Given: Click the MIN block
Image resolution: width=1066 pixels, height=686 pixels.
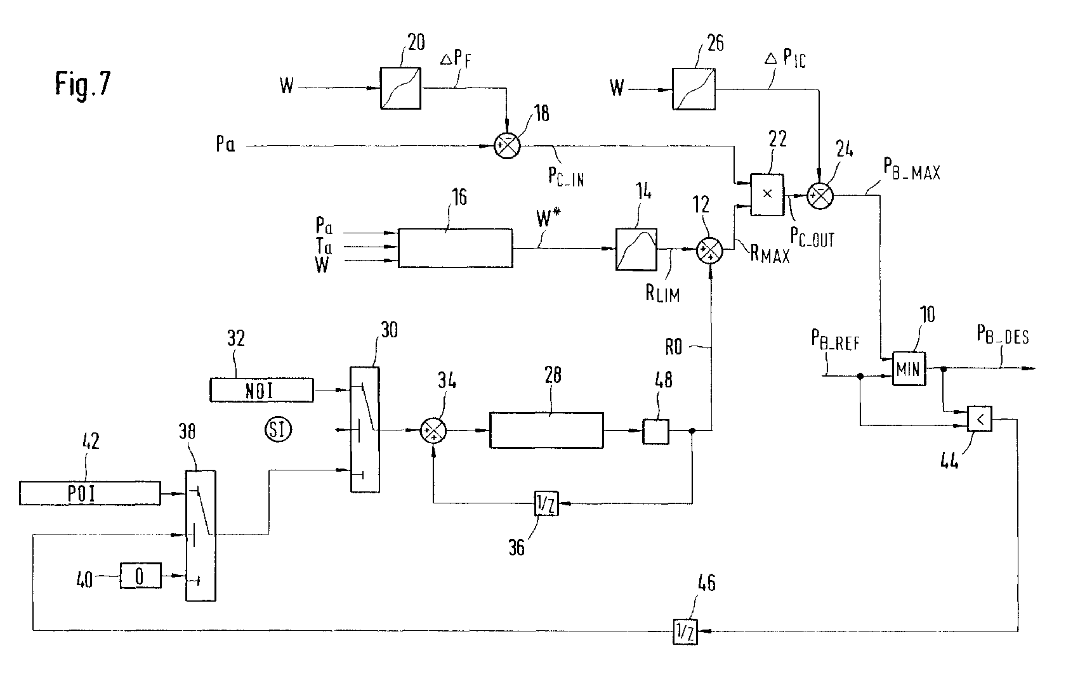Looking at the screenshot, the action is tap(909, 368).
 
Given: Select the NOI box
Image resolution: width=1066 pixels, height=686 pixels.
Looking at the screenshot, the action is tap(261, 390).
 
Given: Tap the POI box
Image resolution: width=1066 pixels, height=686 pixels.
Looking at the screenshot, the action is tap(90, 493).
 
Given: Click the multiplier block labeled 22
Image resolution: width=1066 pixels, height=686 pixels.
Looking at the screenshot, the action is tap(767, 195).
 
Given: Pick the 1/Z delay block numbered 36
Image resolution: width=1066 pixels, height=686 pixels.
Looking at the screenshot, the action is tap(546, 503).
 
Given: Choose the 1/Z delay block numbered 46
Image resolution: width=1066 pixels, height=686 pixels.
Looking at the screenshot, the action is tap(685, 631).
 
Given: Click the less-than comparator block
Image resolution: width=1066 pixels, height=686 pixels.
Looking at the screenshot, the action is tap(980, 419).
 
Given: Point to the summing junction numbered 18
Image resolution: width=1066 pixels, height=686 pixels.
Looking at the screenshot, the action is tap(508, 145).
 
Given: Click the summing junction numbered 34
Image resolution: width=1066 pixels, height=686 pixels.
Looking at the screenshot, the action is tap(433, 430).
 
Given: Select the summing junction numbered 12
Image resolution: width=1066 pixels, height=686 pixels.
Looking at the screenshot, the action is tap(709, 250).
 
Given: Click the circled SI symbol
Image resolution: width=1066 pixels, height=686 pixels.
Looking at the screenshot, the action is tap(278, 430).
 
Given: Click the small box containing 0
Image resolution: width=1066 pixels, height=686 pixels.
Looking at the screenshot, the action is tap(140, 576).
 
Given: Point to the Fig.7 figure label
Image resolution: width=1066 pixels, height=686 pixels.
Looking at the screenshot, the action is tap(82, 84).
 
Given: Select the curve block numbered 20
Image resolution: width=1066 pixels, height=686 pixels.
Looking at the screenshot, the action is tap(400, 88).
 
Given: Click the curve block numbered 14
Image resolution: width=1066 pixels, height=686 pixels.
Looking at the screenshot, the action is tap(636, 249).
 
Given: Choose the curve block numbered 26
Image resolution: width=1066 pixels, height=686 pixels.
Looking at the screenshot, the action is tap(694, 89).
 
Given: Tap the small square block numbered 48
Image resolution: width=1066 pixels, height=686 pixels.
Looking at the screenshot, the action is tap(656, 431).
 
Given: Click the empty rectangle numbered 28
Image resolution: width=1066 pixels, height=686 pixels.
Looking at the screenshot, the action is tap(546, 430).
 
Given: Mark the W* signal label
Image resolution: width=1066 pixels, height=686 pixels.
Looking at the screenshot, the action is tap(548, 217).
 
